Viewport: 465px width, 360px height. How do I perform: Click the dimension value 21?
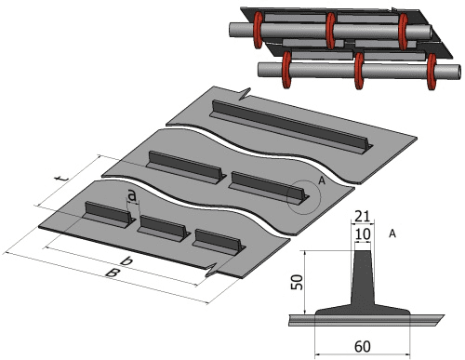coord(363,216)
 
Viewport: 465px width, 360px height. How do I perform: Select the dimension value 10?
coord(363,234)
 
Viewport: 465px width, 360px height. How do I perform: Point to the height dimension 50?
coord(297,282)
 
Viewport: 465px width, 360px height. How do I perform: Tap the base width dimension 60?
coord(362,346)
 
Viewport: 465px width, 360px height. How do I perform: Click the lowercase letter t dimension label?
coord(60,179)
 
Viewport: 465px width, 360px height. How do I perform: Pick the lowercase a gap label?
coord(132,195)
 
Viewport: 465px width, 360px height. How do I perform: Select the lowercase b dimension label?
coord(126,260)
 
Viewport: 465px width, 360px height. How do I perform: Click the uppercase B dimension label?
coord(113,273)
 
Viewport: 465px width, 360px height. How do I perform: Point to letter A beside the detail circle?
coord(322,180)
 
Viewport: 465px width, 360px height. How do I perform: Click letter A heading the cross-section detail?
coord(392,233)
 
